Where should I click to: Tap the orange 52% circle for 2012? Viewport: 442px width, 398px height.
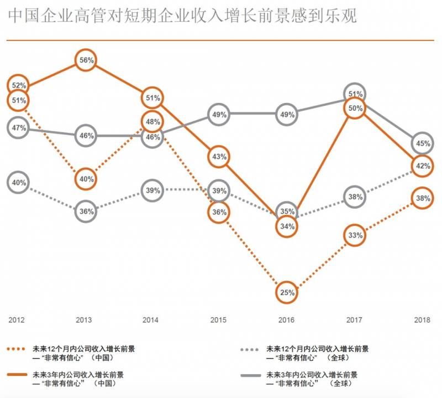tap(19, 86)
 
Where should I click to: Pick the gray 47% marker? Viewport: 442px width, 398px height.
tap(19, 128)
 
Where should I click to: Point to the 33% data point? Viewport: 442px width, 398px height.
tap(355, 236)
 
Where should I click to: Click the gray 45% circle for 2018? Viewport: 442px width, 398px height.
tap(423, 144)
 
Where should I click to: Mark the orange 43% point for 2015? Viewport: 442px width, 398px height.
tap(219, 157)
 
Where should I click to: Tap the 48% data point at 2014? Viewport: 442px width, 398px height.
tap(153, 122)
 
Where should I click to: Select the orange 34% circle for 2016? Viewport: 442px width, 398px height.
tap(286, 226)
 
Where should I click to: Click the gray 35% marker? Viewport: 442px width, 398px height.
tap(287, 211)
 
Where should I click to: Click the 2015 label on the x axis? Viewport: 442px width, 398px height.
tap(219, 320)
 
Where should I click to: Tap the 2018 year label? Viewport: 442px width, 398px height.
tap(423, 320)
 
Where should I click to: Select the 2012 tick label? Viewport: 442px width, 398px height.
tap(16, 320)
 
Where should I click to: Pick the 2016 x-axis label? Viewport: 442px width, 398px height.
tap(286, 320)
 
